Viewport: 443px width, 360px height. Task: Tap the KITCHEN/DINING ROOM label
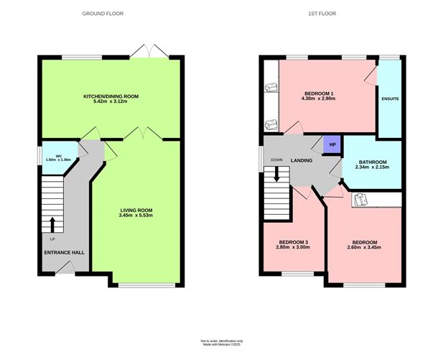[x=111, y=96]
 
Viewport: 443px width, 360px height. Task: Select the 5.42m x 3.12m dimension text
[x=111, y=101]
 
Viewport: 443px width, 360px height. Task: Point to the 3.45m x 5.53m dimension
[x=136, y=216]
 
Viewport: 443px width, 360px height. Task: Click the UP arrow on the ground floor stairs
[x=52, y=224]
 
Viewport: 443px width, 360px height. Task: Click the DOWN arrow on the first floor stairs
[x=276, y=175]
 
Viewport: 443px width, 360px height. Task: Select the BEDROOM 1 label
[x=319, y=94]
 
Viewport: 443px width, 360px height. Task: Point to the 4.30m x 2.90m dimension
[x=319, y=101]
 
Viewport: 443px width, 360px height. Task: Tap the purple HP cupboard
[x=332, y=145]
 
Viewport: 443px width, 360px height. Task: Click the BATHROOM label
[x=373, y=162]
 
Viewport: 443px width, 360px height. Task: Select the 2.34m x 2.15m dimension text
[x=373, y=168]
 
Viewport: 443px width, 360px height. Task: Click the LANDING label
[x=301, y=160]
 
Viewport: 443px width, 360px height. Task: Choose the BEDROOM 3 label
[x=292, y=241]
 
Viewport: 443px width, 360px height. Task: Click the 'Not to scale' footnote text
[x=221, y=341]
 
